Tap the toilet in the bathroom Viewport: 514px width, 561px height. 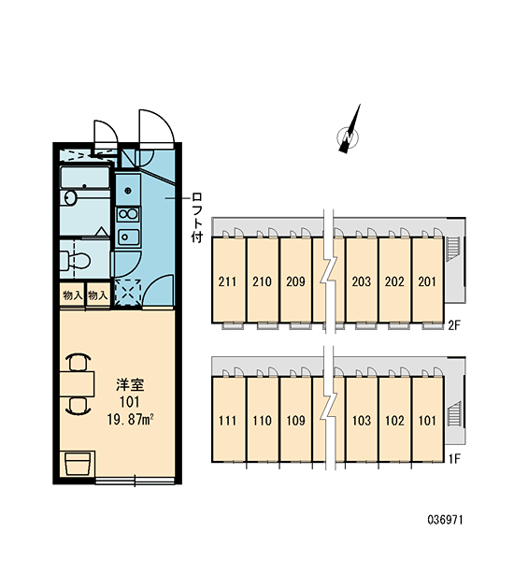[x=75, y=260]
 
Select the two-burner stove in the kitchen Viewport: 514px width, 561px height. [x=128, y=214]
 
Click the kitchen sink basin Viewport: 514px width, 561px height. [x=128, y=237]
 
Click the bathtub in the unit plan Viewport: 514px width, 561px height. [x=85, y=177]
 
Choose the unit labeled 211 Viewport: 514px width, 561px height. [x=228, y=280]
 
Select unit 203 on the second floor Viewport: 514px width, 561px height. [x=362, y=280]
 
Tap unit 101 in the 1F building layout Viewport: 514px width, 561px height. [x=427, y=419]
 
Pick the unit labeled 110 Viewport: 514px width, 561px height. [x=263, y=419]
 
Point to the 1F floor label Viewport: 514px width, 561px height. [x=454, y=459]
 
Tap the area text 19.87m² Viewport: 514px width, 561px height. [x=131, y=419]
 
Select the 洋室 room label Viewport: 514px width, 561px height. [x=130, y=385]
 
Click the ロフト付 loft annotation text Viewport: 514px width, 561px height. [x=197, y=218]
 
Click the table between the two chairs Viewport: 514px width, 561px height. [x=77, y=384]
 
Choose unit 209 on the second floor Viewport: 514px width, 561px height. [x=295, y=280]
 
